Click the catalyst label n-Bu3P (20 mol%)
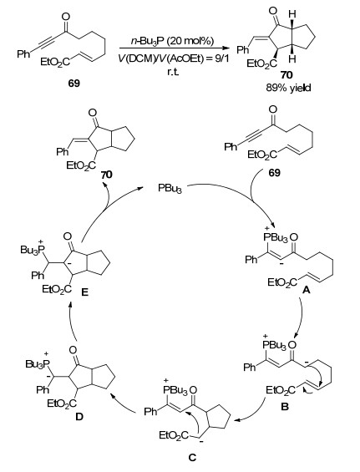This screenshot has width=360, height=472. click(x=172, y=41)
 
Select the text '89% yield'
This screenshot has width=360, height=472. click(x=288, y=88)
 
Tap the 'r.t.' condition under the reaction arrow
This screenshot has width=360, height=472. click(x=173, y=72)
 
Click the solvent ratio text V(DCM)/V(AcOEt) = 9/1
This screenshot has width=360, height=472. click(x=174, y=58)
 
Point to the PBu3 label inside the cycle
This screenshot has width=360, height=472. click(x=170, y=189)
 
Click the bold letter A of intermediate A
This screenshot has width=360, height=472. click(x=306, y=290)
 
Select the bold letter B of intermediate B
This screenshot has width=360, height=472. click(x=285, y=407)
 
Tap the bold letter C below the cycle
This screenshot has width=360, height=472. click(x=192, y=458)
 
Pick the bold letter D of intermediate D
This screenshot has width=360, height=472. click(x=79, y=417)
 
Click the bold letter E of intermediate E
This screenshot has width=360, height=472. click(x=85, y=292)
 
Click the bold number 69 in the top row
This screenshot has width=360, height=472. click(x=74, y=83)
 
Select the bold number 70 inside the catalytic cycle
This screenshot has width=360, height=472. click(x=106, y=175)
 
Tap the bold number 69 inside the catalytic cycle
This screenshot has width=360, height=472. click(x=274, y=172)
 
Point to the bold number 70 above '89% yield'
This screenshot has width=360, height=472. click(x=286, y=74)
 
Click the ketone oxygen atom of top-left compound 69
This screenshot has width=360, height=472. click(x=66, y=17)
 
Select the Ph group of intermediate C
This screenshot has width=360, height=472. click(x=150, y=412)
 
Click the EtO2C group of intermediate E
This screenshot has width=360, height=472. click(x=57, y=290)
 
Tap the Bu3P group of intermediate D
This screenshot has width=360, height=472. click(x=37, y=363)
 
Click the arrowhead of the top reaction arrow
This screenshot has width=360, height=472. click(x=225, y=48)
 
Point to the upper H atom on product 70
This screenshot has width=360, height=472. click(x=292, y=14)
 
